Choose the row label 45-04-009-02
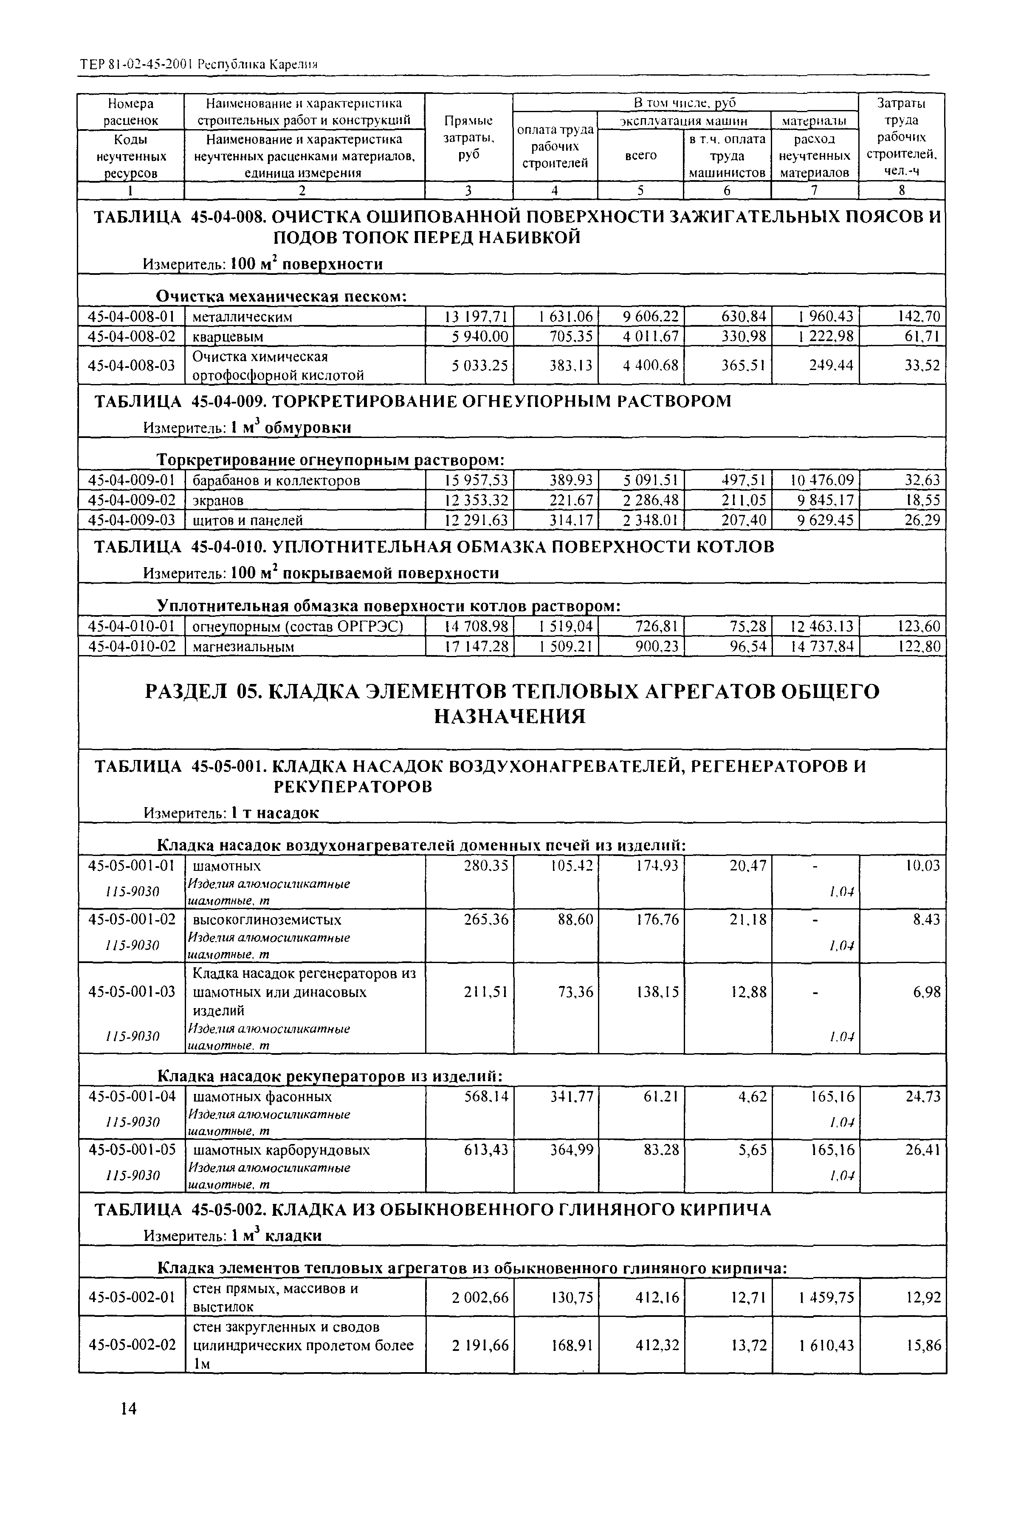coord(131,500)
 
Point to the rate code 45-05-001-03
coord(131,992)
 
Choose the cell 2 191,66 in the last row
coord(480,1345)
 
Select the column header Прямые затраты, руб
coord(468,138)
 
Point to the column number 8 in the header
coord(901,190)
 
